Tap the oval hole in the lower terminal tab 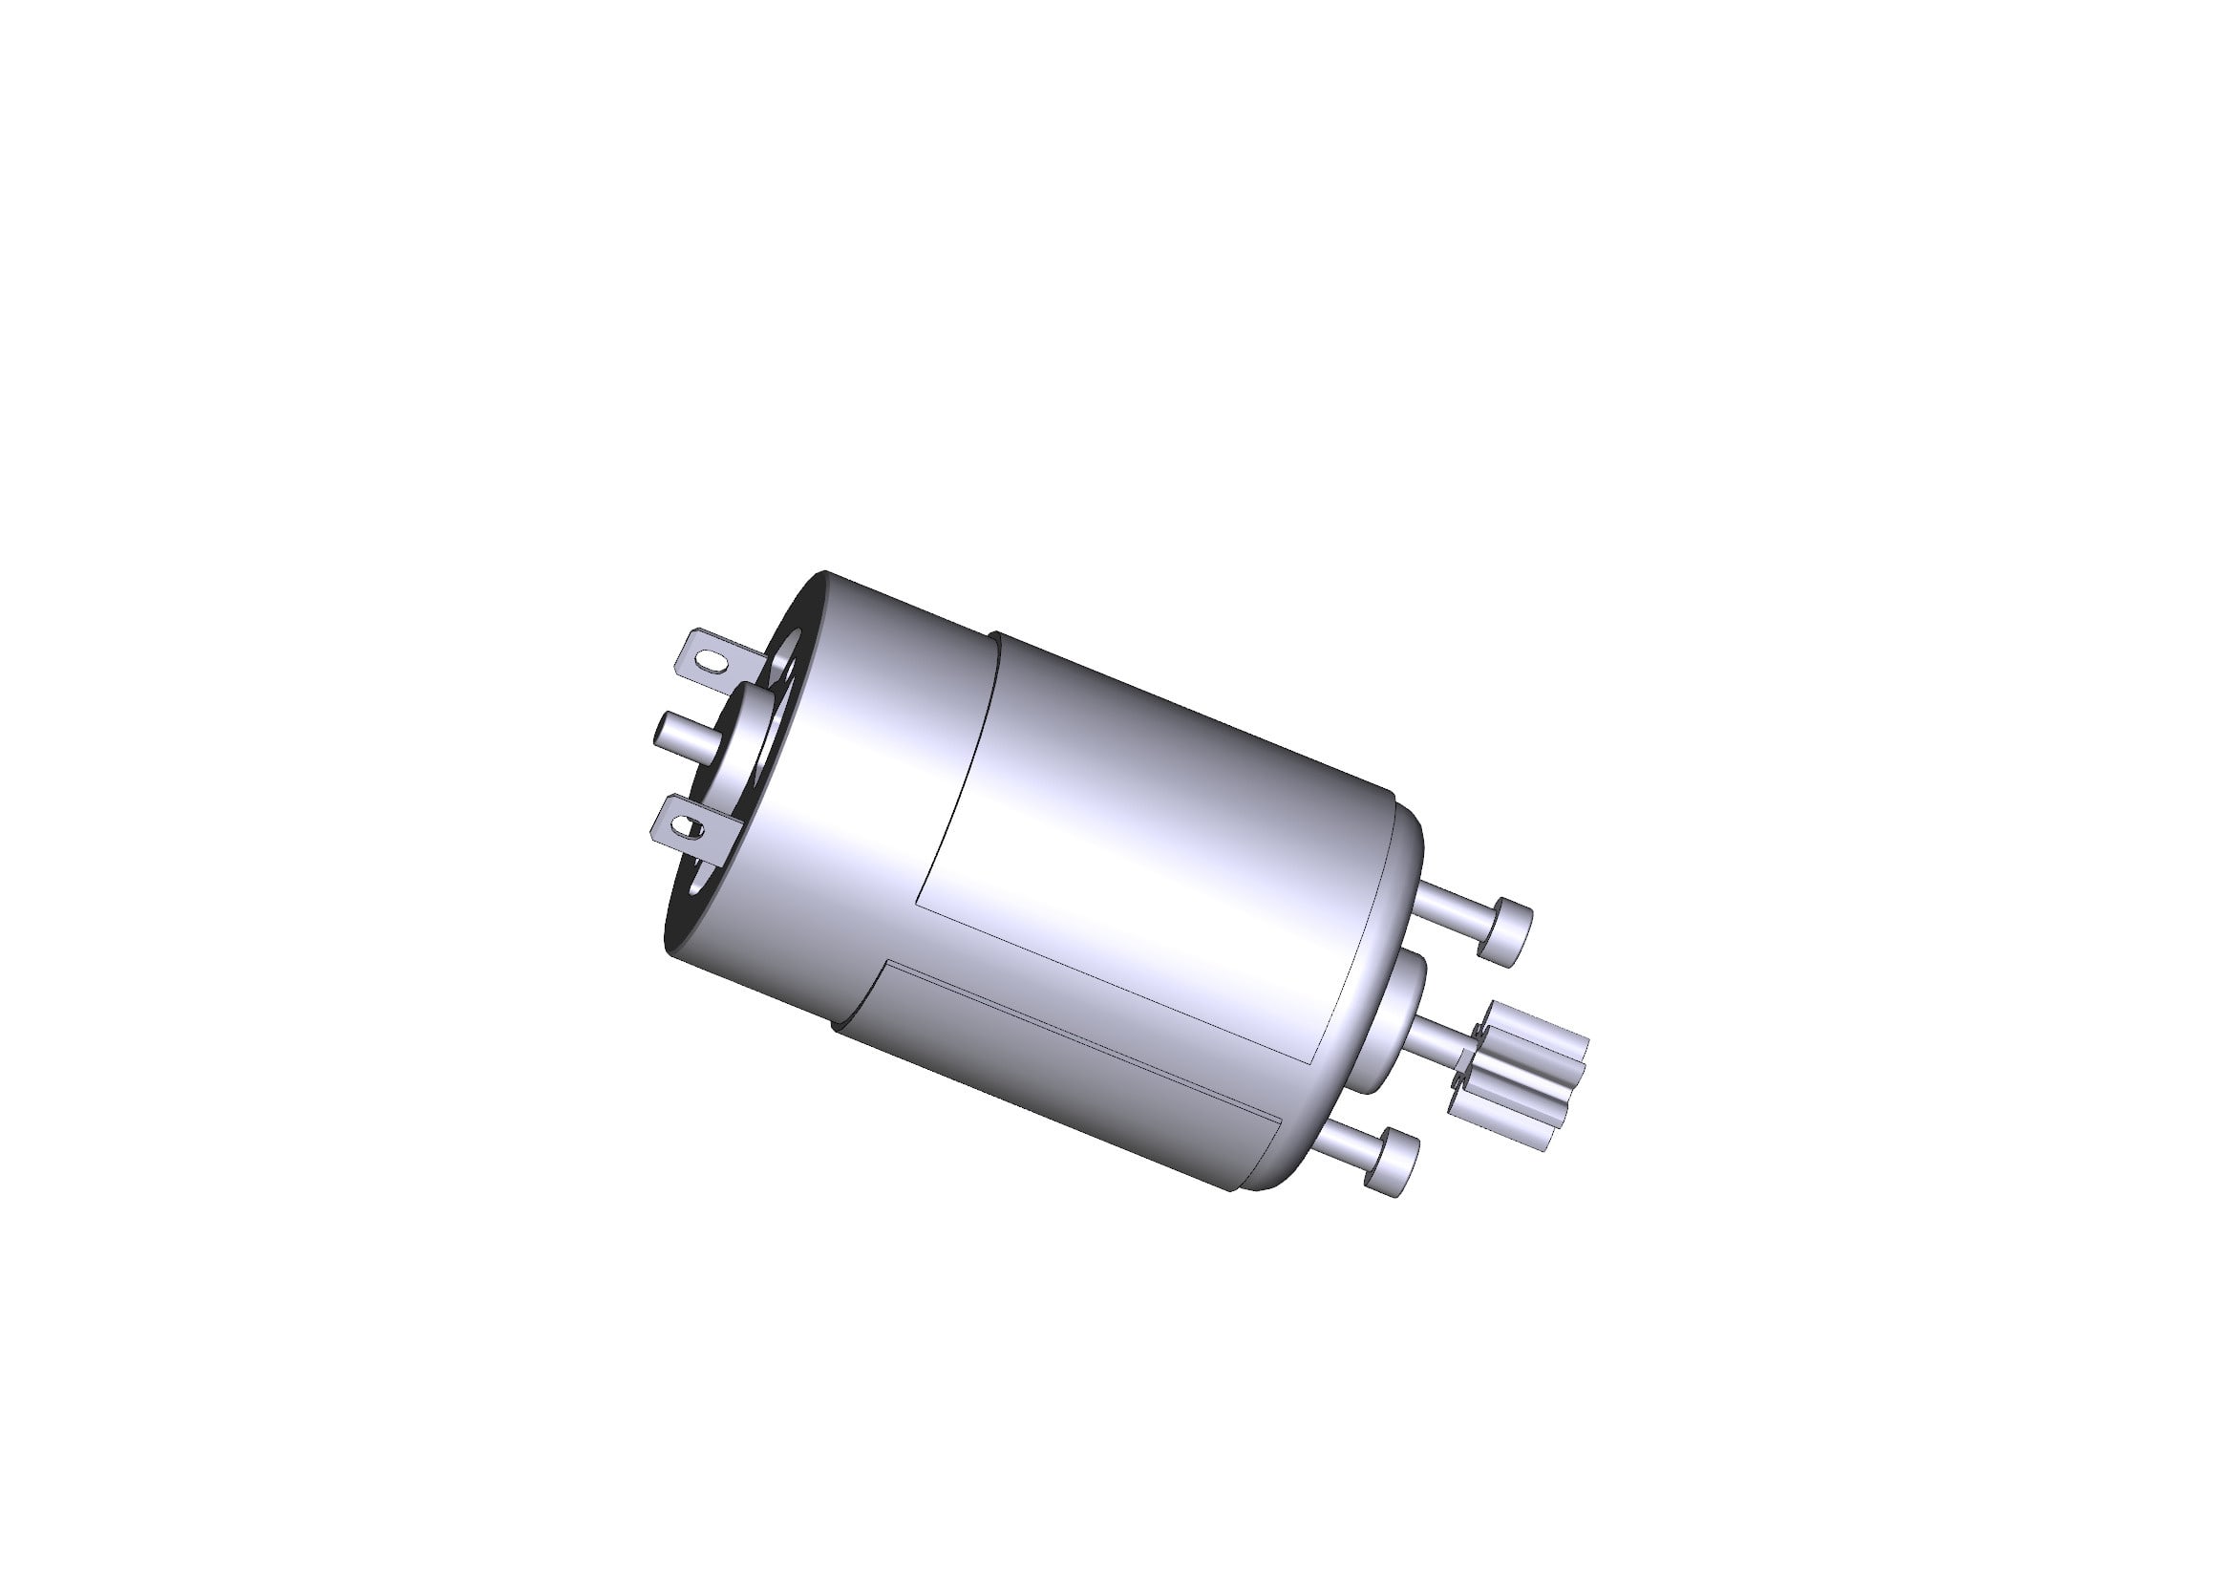pyautogui.click(x=691, y=828)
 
